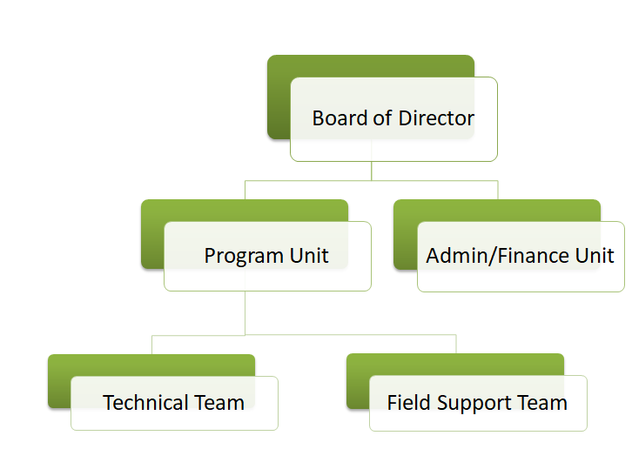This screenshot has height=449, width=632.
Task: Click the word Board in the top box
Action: tap(340, 118)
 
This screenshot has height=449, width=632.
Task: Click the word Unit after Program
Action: tap(309, 256)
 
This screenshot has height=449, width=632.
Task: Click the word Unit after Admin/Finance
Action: tap(595, 256)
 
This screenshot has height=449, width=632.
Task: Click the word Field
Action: tap(406, 403)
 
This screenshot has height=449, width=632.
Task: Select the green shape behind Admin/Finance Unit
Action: tap(405, 235)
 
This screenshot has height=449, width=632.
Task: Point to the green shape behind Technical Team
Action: tap(59, 383)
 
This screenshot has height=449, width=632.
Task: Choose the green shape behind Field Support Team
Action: tap(358, 383)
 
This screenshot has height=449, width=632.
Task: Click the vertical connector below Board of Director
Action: tap(372, 171)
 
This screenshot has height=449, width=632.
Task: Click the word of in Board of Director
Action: tap(382, 118)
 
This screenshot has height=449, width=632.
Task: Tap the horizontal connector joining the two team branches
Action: tap(305, 334)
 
